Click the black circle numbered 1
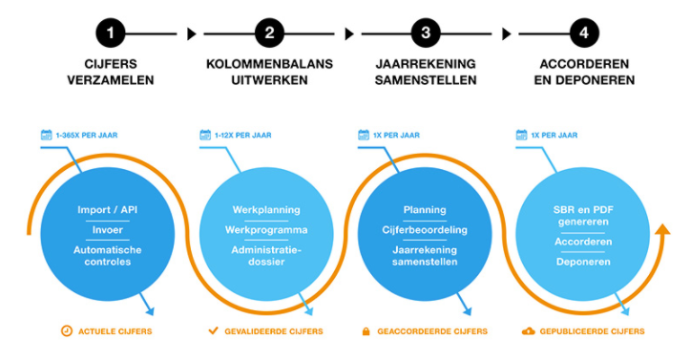pos(111,33)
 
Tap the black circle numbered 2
pos(269,33)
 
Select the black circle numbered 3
pos(426,33)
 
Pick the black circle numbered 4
pos(584,33)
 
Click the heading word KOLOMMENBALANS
pos(269,64)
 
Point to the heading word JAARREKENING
pos(426,64)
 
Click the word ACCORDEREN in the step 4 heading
pos(584,64)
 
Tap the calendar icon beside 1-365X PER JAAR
pos(46,135)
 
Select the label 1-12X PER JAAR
pos(243,135)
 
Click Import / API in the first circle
pos(108,210)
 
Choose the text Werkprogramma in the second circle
pos(266,230)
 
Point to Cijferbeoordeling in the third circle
pos(425,230)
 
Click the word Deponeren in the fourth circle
pos(583,262)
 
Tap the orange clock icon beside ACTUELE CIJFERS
pos(67,331)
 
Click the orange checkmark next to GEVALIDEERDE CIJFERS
pos(214,330)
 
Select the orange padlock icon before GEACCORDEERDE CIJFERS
pos(366,331)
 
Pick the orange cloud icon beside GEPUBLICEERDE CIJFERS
pos(528,331)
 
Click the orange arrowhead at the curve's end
pos(661,229)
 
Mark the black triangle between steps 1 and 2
pos(192,33)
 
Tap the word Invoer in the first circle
pos(108,230)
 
